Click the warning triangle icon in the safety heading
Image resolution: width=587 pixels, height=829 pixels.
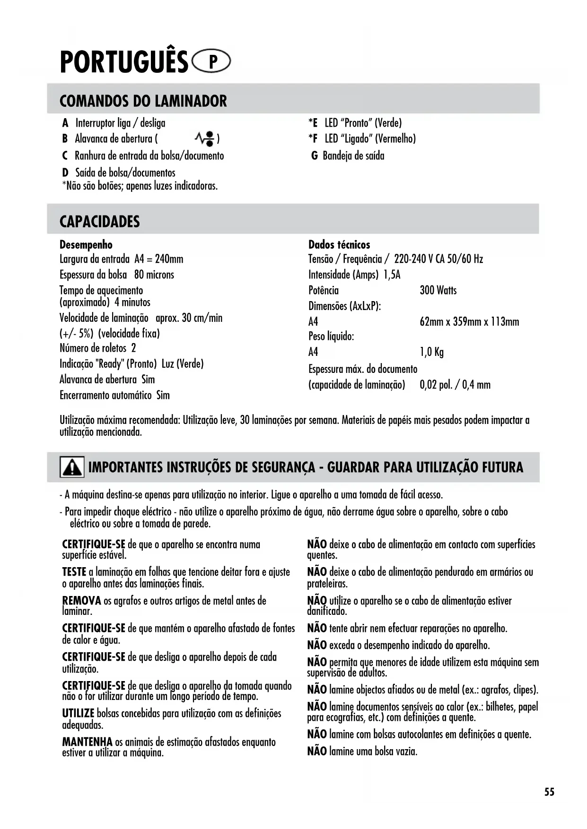72,467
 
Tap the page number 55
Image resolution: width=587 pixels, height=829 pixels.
549,792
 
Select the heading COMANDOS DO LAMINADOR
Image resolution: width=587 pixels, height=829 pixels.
143,101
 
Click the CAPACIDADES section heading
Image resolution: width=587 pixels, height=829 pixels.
99,222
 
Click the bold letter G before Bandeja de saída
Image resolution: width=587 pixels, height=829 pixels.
314,156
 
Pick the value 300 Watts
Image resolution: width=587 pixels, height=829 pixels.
438,290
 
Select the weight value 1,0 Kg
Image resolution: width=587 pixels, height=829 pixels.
431,352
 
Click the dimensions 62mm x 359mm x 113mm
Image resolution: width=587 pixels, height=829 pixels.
469,322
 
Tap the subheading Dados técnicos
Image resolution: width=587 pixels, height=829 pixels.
339,245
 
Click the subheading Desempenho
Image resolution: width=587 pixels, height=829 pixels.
86,245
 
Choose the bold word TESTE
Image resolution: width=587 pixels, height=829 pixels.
74,572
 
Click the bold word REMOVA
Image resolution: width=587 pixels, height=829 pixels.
81,601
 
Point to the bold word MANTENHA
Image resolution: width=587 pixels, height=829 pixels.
87,742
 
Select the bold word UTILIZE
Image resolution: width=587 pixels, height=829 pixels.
78,713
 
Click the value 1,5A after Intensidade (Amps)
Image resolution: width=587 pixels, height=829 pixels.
392,275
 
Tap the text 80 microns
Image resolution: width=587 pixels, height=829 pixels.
154,275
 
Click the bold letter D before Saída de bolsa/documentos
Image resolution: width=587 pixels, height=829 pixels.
65,173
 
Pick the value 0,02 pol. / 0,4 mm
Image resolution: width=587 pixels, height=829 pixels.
455,385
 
